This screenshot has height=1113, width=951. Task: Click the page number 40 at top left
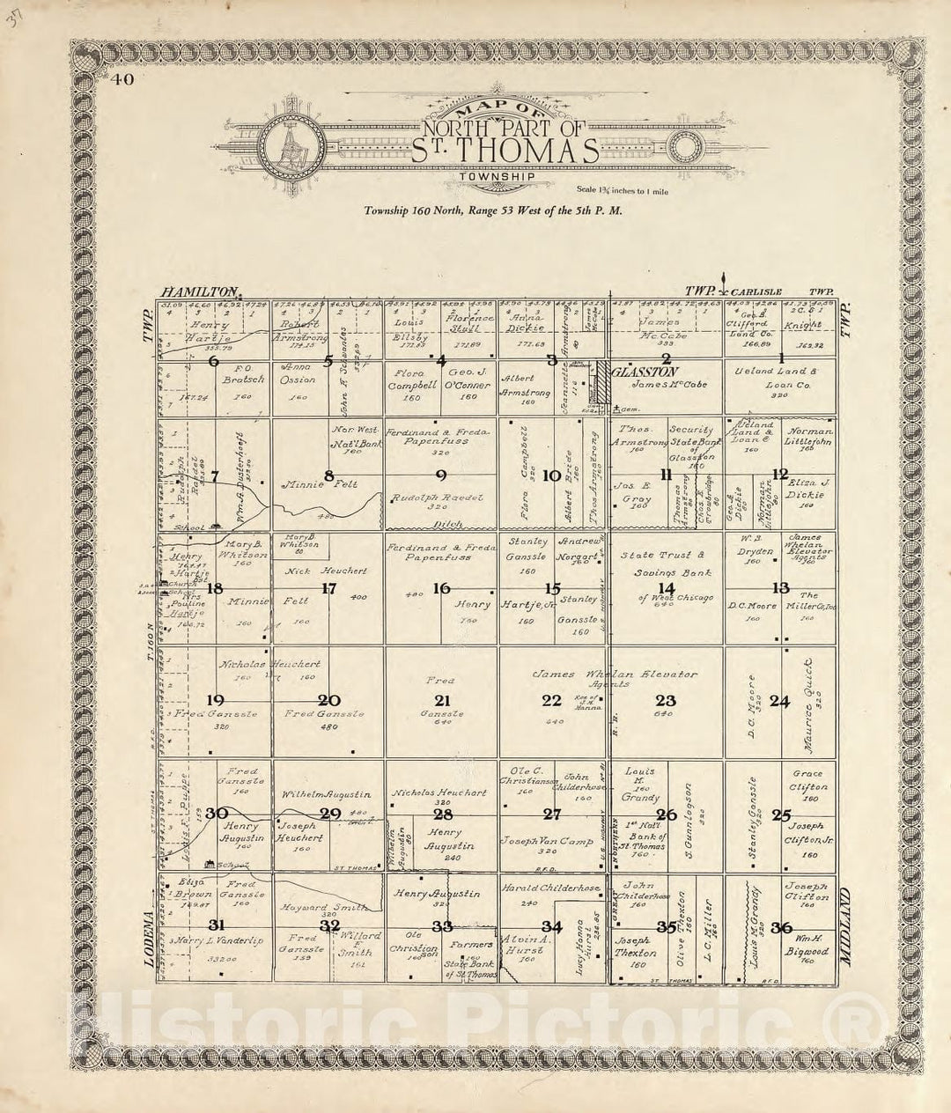tap(122, 80)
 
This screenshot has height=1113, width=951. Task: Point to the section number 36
tap(781, 926)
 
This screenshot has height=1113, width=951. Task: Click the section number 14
tap(667, 588)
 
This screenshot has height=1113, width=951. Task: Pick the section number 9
tap(440, 475)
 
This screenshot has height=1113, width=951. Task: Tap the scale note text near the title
tap(620, 189)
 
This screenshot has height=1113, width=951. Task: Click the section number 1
tap(780, 358)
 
